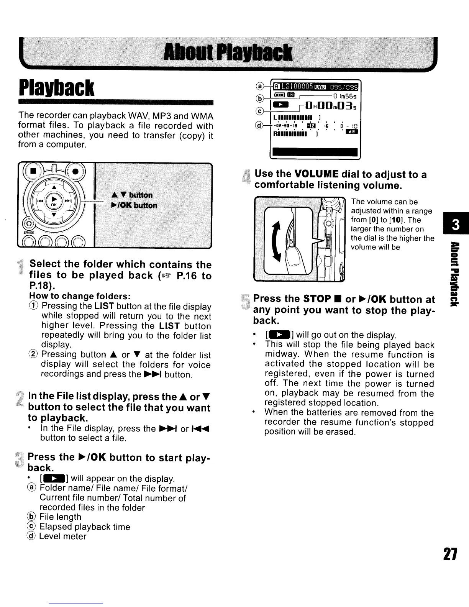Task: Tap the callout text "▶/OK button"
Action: tap(134, 205)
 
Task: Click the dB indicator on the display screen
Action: tap(351, 132)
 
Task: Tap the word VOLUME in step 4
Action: tap(316, 175)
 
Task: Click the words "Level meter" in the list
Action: tap(63, 536)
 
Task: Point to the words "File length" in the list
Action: tap(60, 517)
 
